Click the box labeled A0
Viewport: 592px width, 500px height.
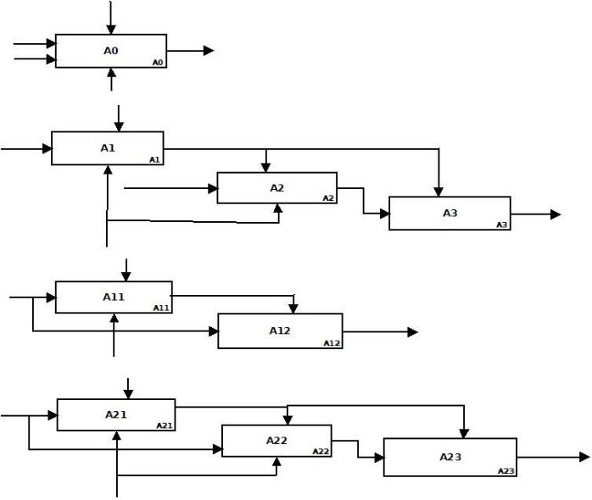(110, 51)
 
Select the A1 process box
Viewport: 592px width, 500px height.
(107, 147)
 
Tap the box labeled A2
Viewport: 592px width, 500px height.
(276, 187)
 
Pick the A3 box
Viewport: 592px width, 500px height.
(450, 213)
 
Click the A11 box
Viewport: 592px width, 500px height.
(114, 297)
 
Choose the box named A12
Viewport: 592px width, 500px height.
(280, 331)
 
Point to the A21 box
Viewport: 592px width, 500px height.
(115, 414)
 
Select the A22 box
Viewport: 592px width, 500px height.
(276, 440)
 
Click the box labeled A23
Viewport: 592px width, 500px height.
(450, 457)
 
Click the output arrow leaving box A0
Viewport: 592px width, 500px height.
(190, 51)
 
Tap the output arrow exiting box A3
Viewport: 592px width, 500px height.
(536, 214)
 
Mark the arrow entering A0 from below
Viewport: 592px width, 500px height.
(111, 80)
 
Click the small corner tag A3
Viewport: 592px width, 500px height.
(502, 225)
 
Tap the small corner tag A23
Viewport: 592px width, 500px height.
(506, 470)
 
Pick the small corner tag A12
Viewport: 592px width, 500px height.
(332, 343)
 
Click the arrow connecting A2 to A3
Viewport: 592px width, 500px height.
(364, 202)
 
